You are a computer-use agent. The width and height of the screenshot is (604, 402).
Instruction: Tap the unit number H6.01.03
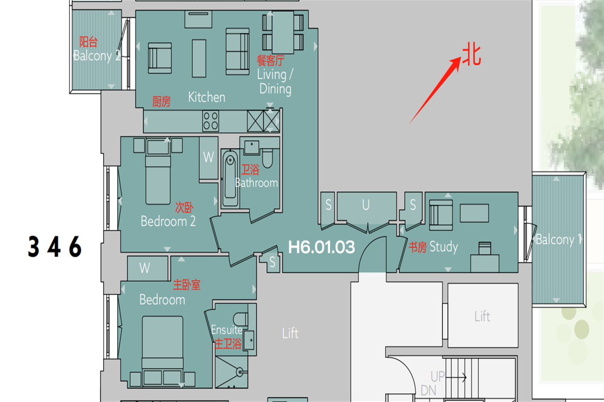click(321, 247)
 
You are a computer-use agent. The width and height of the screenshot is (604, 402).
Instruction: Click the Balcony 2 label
click(97, 56)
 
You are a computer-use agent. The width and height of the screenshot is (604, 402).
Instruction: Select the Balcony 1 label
click(558, 239)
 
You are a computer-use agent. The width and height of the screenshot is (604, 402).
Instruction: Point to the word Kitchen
click(207, 97)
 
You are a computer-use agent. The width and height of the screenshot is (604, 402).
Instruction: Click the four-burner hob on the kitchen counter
click(211, 121)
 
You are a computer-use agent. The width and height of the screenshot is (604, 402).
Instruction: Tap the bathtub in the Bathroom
click(230, 178)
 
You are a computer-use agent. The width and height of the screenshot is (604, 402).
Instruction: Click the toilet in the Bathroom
click(267, 158)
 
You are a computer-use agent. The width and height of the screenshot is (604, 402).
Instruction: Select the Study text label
click(444, 247)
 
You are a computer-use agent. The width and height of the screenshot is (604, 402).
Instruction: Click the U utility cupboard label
click(366, 205)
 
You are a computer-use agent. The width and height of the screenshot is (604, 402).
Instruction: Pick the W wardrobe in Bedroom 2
click(209, 158)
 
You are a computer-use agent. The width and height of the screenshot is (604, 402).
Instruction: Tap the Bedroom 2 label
click(168, 222)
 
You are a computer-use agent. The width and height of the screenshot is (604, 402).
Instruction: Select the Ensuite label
click(227, 330)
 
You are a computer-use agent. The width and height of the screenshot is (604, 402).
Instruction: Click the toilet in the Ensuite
click(240, 319)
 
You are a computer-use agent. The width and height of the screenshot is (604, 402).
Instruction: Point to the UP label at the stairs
click(438, 376)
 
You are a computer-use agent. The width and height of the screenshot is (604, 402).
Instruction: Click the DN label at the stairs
click(428, 390)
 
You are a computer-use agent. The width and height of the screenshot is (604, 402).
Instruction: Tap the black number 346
click(55, 247)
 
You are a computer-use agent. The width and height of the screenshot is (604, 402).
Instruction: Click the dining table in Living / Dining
click(283, 32)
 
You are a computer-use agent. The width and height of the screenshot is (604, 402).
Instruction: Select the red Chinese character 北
click(472, 54)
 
